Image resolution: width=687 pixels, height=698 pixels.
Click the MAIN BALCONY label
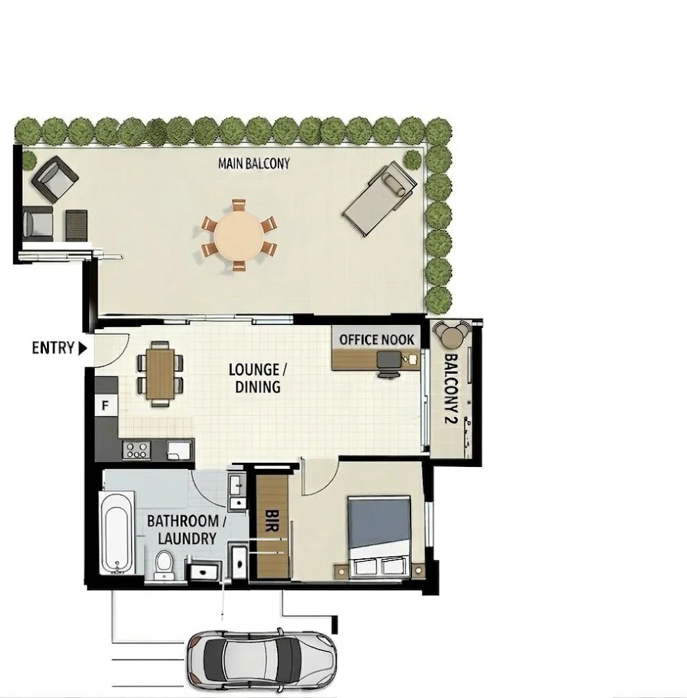(x=254, y=164)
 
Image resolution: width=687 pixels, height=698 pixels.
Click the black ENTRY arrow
(x=82, y=348)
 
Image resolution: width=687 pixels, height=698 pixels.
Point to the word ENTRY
(x=53, y=348)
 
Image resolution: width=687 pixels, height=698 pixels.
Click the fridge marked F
(x=106, y=405)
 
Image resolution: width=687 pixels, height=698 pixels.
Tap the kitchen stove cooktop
(x=135, y=450)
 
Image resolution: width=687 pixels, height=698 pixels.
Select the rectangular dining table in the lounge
(x=159, y=374)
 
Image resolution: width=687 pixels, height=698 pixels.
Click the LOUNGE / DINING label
(x=255, y=378)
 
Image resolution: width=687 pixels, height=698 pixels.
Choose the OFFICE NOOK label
(x=377, y=339)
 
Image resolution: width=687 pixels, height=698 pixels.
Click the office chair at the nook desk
(x=388, y=364)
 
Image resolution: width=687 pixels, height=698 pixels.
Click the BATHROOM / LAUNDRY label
(x=182, y=529)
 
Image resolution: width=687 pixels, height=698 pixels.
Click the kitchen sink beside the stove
(x=178, y=450)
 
